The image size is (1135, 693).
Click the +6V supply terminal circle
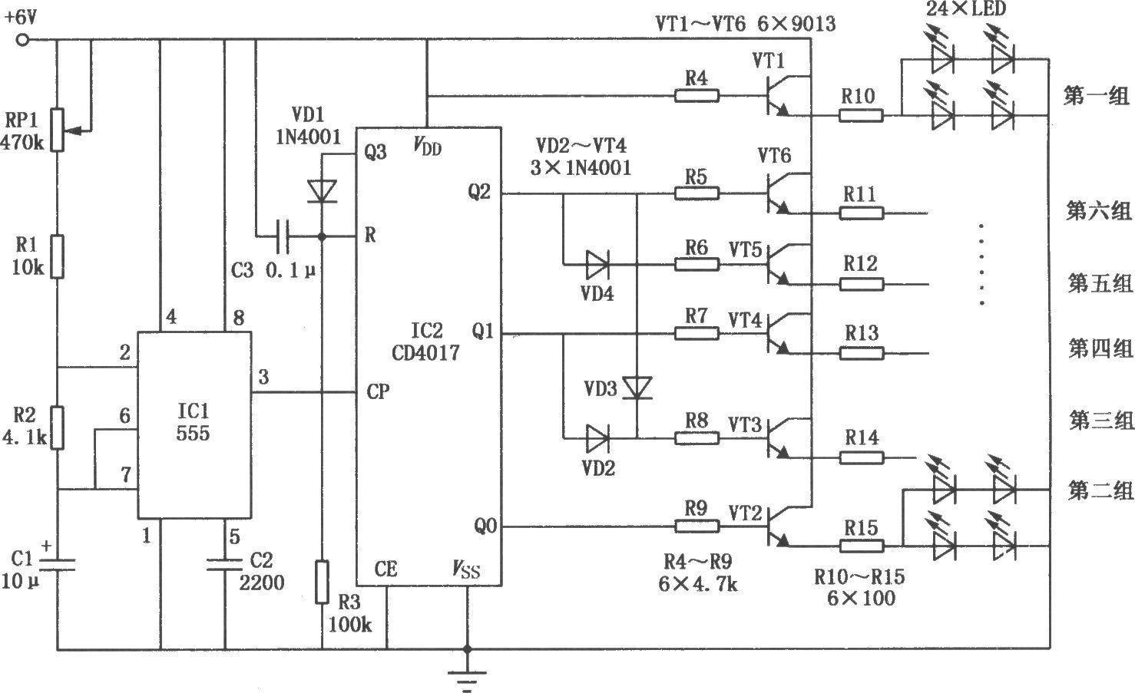click(22, 40)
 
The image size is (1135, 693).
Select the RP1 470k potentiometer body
click(58, 130)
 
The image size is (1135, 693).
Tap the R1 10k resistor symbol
click(58, 256)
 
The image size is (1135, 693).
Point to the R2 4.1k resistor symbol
click(58, 427)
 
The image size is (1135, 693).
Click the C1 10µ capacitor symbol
click(58, 564)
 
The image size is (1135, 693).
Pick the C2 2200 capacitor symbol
click(224, 564)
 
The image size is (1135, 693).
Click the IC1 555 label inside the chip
click(193, 421)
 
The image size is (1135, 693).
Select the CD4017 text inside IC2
click(425, 352)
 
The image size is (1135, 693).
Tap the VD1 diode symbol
click(322, 192)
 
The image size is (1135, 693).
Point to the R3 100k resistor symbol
click(322, 582)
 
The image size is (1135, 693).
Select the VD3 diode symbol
click(637, 388)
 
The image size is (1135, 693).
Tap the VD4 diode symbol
click(597, 264)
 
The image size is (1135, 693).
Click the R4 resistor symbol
click(697, 96)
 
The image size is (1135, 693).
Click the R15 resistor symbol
click(862, 546)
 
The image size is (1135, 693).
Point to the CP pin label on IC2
click(378, 391)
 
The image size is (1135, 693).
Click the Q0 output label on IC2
click(485, 526)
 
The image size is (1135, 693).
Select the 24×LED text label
click(966, 8)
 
